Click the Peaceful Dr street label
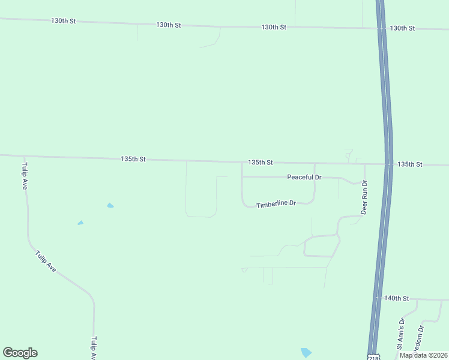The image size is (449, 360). [x=304, y=177]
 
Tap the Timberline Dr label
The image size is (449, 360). [x=276, y=205]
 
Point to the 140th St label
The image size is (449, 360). [x=396, y=298]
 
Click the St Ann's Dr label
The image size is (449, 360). [x=401, y=334]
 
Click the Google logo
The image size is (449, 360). [x=20, y=353]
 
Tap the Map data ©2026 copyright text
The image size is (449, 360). [x=423, y=355]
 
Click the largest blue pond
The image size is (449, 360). [x=306, y=352]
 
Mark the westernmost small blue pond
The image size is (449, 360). [x=80, y=223]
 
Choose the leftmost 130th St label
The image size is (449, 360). [x=64, y=21]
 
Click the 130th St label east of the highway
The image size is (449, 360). [x=402, y=28]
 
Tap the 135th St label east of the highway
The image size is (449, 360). [x=410, y=164]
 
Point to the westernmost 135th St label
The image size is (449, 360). [x=133, y=159]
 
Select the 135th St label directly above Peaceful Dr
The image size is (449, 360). [x=261, y=163]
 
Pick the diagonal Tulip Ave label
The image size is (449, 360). [x=46, y=262]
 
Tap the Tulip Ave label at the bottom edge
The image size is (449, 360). [x=94, y=348]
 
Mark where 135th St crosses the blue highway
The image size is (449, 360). [x=389, y=164]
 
